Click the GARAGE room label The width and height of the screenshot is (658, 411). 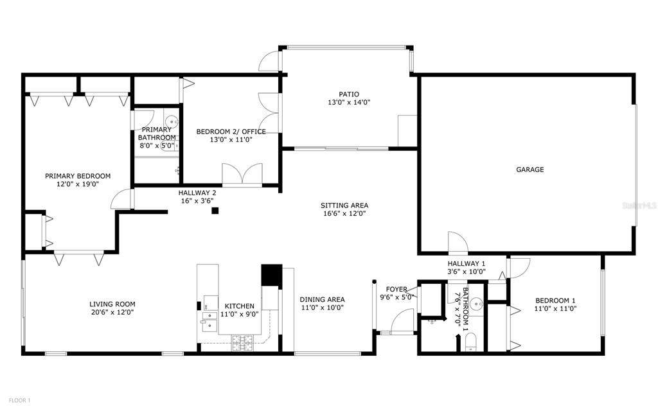[529, 170]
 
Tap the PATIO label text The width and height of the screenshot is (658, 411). [349, 94]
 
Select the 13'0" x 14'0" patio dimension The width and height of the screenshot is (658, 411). [349, 102]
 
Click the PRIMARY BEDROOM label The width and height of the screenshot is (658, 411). [78, 176]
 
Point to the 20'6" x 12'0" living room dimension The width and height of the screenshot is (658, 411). [112, 312]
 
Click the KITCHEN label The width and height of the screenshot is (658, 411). [240, 306]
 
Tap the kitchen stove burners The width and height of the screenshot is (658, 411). [243, 343]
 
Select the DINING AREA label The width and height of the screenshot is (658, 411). [323, 299]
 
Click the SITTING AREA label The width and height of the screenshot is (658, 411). [344, 205]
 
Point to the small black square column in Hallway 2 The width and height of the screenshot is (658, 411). [215, 211]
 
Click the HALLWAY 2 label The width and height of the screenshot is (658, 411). [197, 193]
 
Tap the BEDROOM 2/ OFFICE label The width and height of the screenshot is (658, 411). [231, 132]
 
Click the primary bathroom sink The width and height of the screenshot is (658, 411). [172, 123]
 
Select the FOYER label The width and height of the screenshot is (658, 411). [396, 290]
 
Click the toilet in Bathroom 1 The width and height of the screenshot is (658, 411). [471, 342]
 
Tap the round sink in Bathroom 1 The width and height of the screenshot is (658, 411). [476, 303]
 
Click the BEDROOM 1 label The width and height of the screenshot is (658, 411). [555, 301]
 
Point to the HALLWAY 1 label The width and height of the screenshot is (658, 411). [467, 264]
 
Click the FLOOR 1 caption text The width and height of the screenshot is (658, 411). [20, 401]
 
